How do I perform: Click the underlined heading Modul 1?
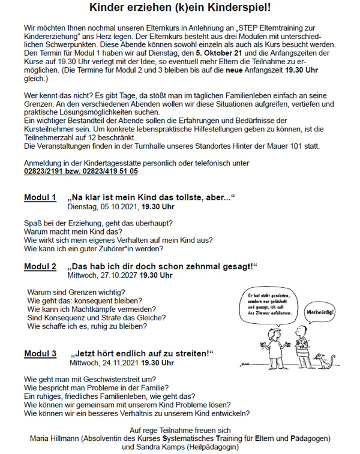[x=40, y=198]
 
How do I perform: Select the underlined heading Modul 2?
[x=40, y=266]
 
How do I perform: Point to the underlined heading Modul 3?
[x=40, y=353]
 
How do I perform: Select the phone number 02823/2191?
[x=47, y=171]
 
